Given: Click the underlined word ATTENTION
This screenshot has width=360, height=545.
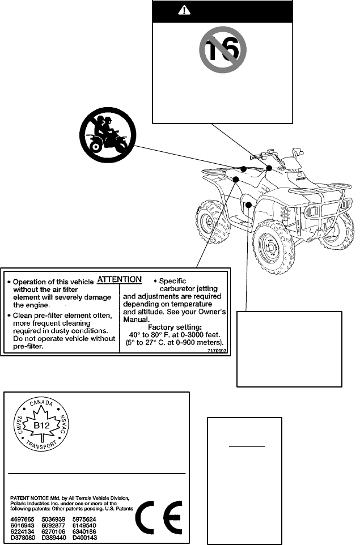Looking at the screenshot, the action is click(x=120, y=279).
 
